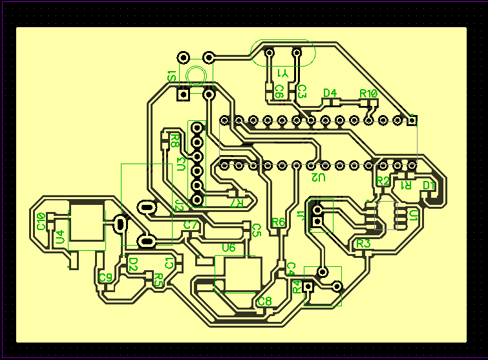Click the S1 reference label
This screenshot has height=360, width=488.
point(172,76)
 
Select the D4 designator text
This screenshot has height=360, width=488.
point(330,93)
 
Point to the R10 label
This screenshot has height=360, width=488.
point(368,94)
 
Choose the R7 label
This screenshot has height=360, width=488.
point(237,203)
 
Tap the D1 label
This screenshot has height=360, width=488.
point(429,185)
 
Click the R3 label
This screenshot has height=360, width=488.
point(363,244)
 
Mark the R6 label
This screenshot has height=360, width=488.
point(278,222)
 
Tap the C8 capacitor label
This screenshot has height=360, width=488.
point(264,301)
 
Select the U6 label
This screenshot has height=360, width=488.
point(229,248)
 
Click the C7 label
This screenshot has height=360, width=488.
point(190,225)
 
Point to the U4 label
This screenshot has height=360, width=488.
point(60,237)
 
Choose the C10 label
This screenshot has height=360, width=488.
point(41,221)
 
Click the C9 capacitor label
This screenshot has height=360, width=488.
point(105,278)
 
